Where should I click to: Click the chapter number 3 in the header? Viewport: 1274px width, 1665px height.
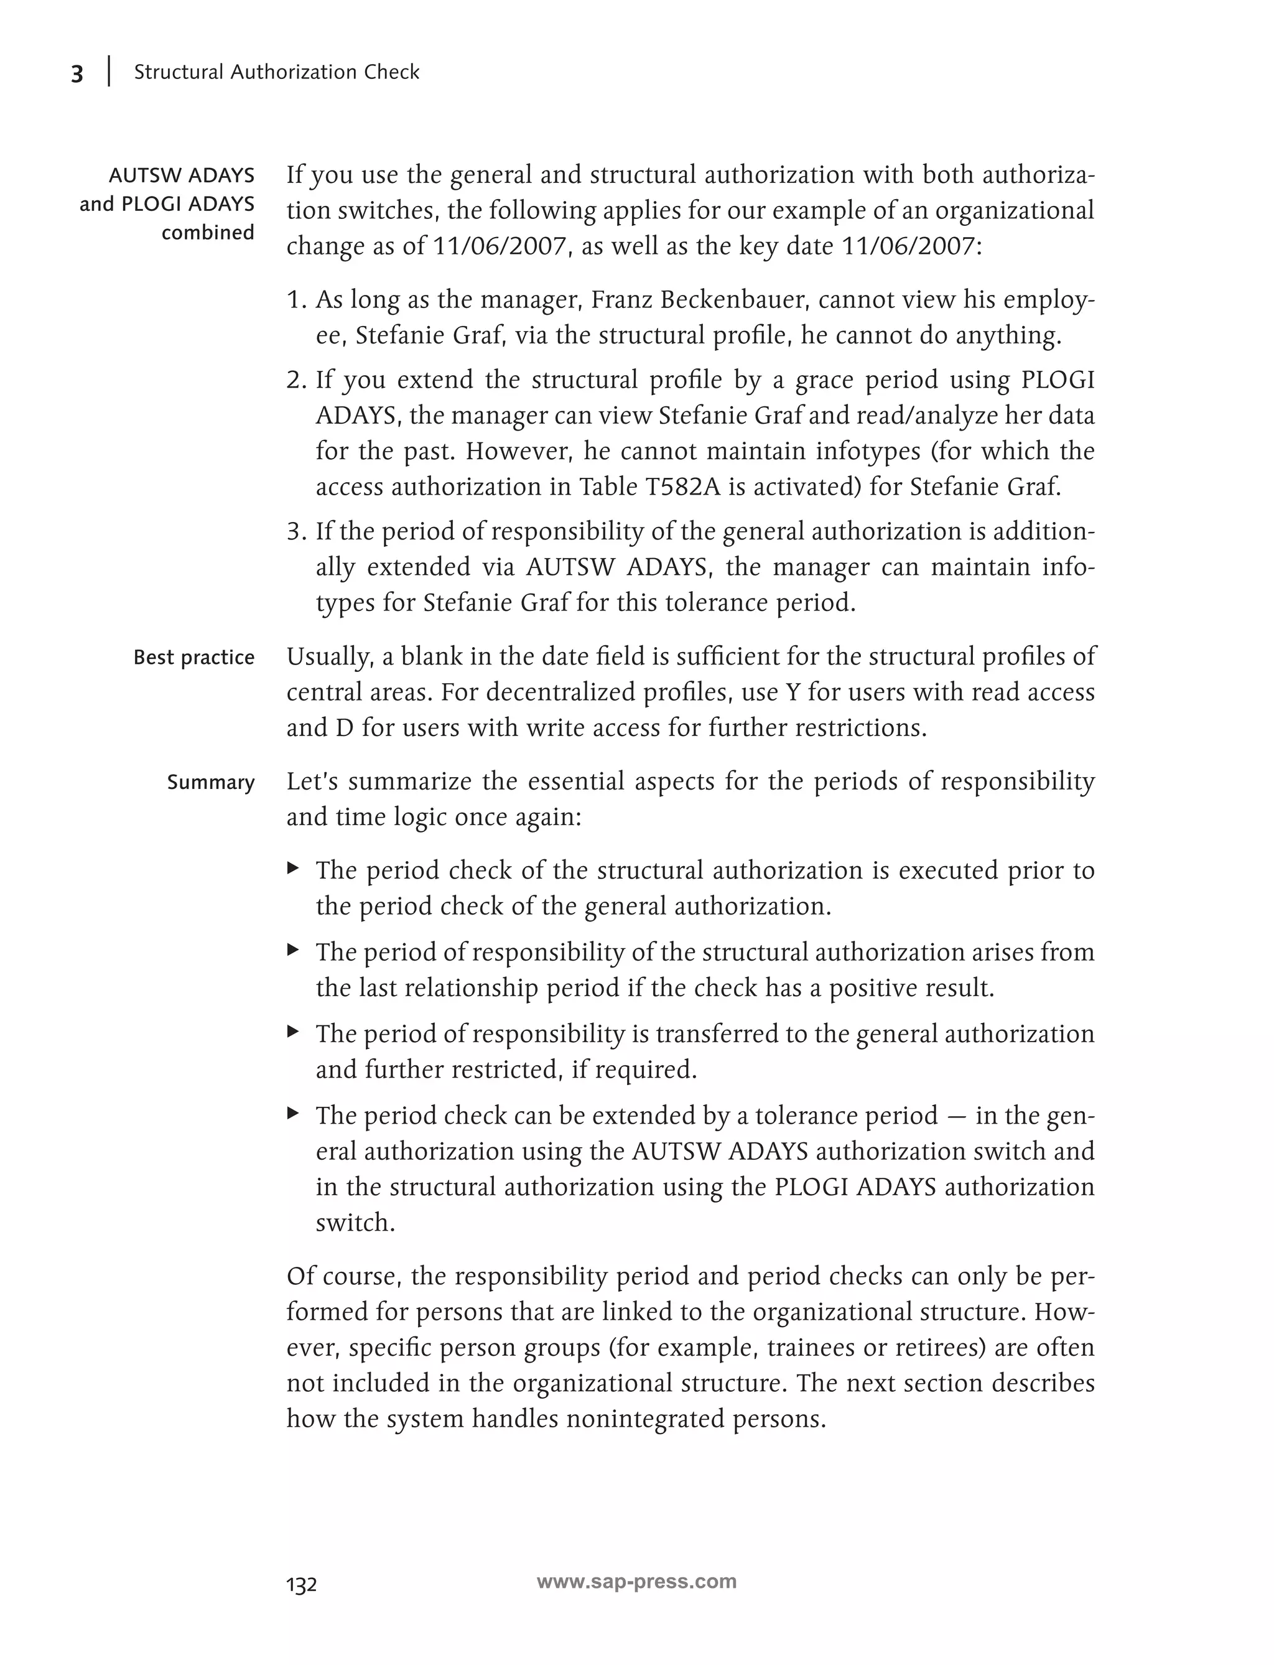(x=77, y=73)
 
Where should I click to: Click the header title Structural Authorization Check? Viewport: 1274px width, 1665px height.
(x=276, y=72)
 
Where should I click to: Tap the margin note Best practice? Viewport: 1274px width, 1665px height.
(x=193, y=657)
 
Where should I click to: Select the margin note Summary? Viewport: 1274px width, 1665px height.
(x=210, y=782)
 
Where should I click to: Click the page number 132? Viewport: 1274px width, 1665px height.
(x=301, y=1585)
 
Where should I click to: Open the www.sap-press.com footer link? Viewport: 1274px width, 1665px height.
(x=636, y=1582)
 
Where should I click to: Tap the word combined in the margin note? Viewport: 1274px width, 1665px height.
(x=207, y=233)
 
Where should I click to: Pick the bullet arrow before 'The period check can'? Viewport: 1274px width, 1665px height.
(x=293, y=1112)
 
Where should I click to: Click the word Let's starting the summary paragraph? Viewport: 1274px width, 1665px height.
(x=312, y=781)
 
